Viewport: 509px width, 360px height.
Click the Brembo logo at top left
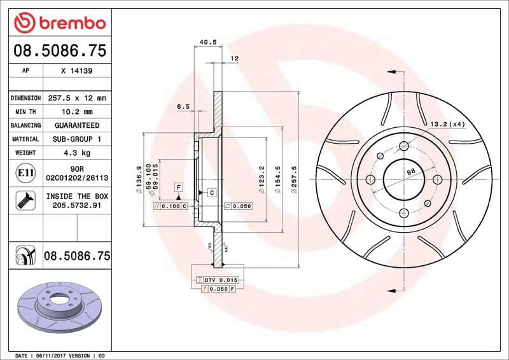pyautogui.click(x=59, y=24)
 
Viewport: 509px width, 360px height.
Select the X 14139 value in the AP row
pyautogui.click(x=76, y=71)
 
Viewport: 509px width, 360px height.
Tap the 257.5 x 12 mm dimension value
pyautogui.click(x=76, y=99)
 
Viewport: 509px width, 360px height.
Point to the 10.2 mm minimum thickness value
pyautogui.click(x=76, y=112)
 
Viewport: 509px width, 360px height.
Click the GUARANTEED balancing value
pyautogui.click(x=76, y=125)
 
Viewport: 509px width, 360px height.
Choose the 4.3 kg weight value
pyautogui.click(x=76, y=153)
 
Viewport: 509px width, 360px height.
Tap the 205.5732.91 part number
pyautogui.click(x=76, y=206)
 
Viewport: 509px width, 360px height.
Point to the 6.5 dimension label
pyautogui.click(x=183, y=107)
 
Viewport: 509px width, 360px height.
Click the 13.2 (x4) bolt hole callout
pyautogui.click(x=448, y=124)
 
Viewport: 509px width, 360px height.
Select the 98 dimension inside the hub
pyautogui.click(x=411, y=172)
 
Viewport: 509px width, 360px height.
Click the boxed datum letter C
pyautogui.click(x=211, y=192)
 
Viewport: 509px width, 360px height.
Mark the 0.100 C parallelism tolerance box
pyautogui.click(x=171, y=207)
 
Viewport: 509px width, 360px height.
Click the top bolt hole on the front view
pyautogui.click(x=403, y=147)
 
